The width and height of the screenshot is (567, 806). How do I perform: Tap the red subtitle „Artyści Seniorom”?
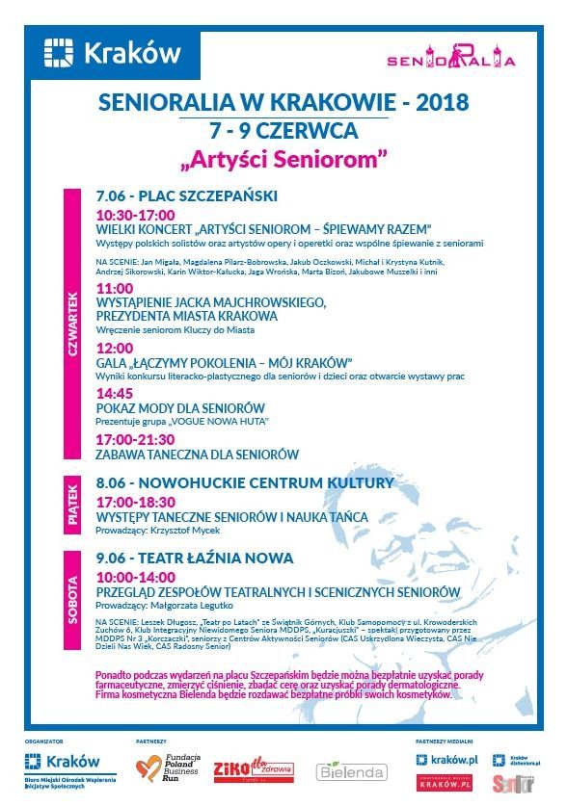283,155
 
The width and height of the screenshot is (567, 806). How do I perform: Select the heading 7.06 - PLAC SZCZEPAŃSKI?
186,196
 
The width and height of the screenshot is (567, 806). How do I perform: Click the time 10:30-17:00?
135,214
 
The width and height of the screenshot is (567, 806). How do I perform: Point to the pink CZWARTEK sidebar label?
72,324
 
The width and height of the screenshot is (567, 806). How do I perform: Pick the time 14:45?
114,393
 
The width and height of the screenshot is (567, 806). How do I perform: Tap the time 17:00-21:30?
135,438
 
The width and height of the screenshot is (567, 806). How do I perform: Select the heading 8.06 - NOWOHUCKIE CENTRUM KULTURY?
245,481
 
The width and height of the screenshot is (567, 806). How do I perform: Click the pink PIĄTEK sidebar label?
72,502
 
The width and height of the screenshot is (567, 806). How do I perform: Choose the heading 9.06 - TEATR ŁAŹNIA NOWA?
194,558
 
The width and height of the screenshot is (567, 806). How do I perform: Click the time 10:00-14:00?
135,575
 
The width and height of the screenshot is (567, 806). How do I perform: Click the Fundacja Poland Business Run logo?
172,769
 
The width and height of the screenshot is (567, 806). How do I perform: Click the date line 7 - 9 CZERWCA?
283,128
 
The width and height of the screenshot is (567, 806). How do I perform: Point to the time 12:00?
114,348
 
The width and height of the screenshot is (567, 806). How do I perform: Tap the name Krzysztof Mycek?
185,531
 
